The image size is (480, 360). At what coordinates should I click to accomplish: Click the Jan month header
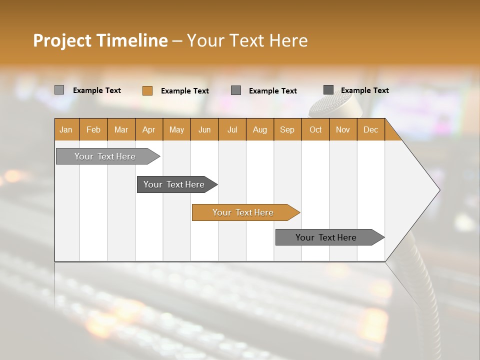tap(66, 130)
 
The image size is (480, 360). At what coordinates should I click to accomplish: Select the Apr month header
tap(149, 130)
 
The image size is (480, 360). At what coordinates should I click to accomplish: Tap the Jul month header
tap(232, 130)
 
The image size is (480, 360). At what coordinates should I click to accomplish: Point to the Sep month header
tap(287, 130)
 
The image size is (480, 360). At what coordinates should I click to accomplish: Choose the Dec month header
tap(370, 130)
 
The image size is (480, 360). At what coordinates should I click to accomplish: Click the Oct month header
tap(315, 130)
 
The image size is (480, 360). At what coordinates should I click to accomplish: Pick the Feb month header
tap(93, 130)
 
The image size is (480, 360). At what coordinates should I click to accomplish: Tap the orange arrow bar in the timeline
tap(243, 212)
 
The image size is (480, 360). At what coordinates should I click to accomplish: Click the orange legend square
tap(147, 90)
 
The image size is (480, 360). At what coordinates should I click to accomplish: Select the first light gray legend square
tap(59, 90)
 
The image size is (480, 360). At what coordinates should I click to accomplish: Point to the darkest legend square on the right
tap(328, 90)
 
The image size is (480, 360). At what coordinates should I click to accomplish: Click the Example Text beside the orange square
tap(185, 91)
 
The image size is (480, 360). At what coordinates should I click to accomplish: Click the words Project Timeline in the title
tap(100, 40)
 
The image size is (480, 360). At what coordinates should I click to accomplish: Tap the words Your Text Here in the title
tap(247, 40)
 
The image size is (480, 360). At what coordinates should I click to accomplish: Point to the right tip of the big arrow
tap(439, 190)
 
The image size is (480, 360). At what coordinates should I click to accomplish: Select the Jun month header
tap(204, 130)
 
